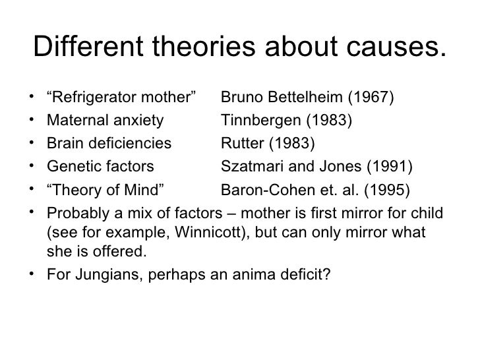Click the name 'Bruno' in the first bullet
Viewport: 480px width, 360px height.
pyautogui.click(x=240, y=99)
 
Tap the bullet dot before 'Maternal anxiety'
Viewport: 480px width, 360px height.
pyautogui.click(x=32, y=120)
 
